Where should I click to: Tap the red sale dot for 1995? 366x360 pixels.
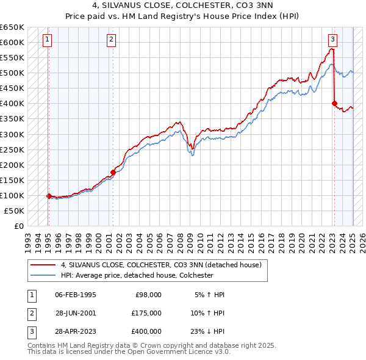[x=48, y=196]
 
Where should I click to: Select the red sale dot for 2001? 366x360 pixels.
[x=113, y=172]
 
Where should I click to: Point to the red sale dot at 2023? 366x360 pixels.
[x=334, y=103]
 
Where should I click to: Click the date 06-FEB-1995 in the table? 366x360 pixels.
[x=75, y=295]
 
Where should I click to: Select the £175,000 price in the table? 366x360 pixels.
[x=146, y=312]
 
